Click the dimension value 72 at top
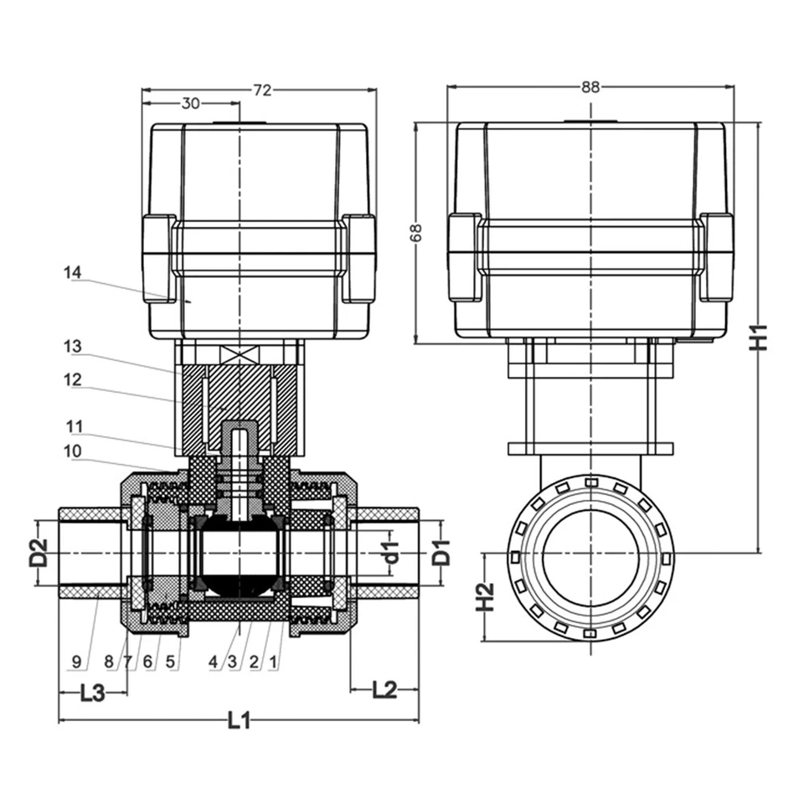pyautogui.click(x=262, y=90)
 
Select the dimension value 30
pyautogui.click(x=191, y=104)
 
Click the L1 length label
pyautogui.click(x=240, y=719)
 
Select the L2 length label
pyautogui.click(x=384, y=690)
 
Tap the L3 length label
pyautogui.click(x=92, y=693)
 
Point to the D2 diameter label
pyautogui.click(x=39, y=553)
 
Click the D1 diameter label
pyautogui.click(x=441, y=552)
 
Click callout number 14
pyautogui.click(x=73, y=271)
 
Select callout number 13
pyautogui.click(x=73, y=345)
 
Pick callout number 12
pyautogui.click(x=73, y=379)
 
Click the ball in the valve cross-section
pyautogui.click(x=240, y=553)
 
